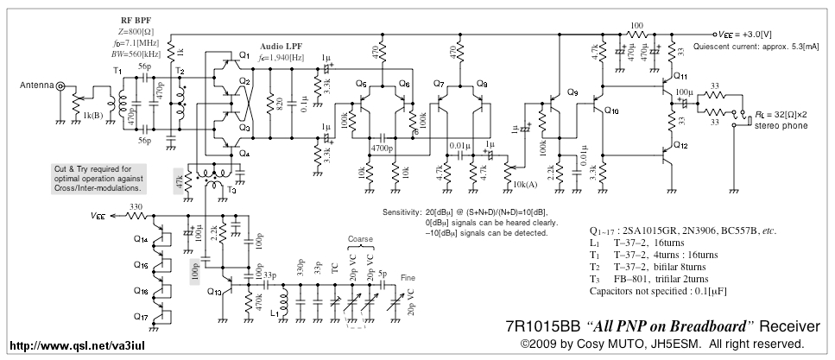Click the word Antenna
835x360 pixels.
(x=28, y=85)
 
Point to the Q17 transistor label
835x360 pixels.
(x=142, y=317)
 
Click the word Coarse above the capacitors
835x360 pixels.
(x=361, y=239)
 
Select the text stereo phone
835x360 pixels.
(x=782, y=126)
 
